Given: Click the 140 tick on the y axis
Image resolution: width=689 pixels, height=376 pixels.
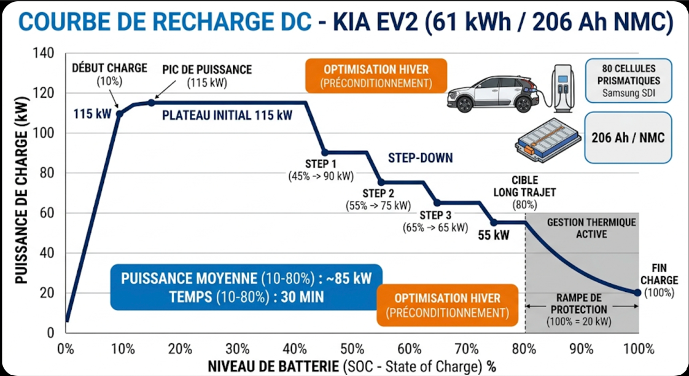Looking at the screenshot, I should click(x=47, y=53).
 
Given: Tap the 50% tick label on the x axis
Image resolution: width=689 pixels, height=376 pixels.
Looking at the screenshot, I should click(x=352, y=349).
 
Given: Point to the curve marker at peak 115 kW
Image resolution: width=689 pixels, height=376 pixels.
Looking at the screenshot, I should click(x=152, y=103).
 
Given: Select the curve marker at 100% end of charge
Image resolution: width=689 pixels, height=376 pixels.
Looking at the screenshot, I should click(x=637, y=292).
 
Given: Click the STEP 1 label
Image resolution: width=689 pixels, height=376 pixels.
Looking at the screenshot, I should click(x=321, y=164).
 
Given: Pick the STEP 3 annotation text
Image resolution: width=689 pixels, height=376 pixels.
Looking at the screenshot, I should click(x=435, y=215).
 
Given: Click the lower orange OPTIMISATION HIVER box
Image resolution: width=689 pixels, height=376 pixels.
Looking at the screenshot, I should click(x=448, y=305).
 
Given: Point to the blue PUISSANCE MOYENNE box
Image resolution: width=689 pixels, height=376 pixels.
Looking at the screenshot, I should click(x=246, y=287).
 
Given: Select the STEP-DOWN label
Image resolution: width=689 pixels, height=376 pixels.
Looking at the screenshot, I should click(x=420, y=158).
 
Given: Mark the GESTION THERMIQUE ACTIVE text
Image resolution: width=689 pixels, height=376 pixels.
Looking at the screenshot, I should click(x=591, y=228).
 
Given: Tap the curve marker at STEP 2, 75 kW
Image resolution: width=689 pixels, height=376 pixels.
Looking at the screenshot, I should click(x=381, y=182).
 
